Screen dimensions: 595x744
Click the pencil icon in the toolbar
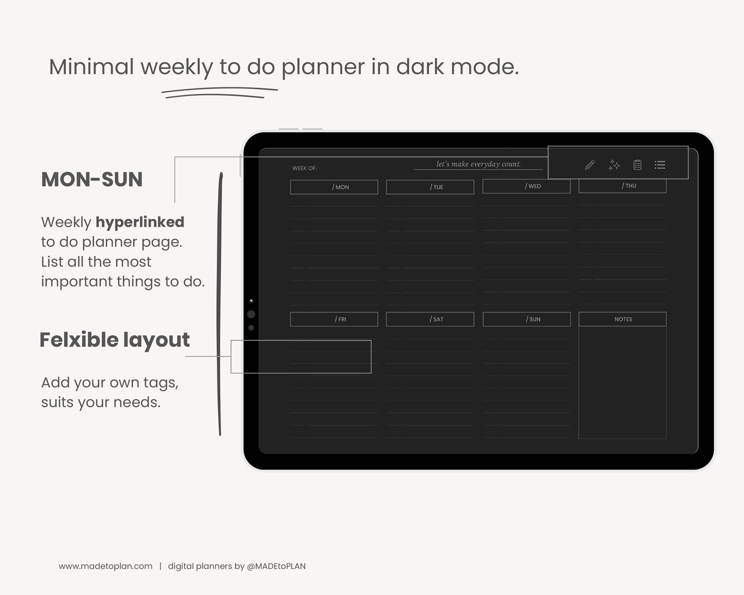pyautogui.click(x=590, y=165)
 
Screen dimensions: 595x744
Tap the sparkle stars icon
pyautogui.click(x=614, y=165)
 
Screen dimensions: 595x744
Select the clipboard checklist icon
pyautogui.click(x=637, y=165)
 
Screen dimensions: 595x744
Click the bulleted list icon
pyautogui.click(x=660, y=165)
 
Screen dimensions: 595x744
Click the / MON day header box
pyautogui.click(x=334, y=187)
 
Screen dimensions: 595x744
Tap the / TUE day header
pyautogui.click(x=430, y=187)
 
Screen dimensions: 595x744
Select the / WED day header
pyautogui.click(x=526, y=186)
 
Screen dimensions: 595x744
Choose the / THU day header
pyautogui.click(x=622, y=186)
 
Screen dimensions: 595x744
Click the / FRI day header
pyautogui.click(x=334, y=319)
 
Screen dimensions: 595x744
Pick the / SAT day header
pyautogui.click(x=430, y=319)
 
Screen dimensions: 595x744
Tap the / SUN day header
pyautogui.click(x=527, y=319)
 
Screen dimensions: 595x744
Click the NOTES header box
pyautogui.click(x=622, y=319)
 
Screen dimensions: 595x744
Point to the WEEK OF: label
pyautogui.click(x=305, y=168)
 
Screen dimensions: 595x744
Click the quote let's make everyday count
pyautogui.click(x=478, y=164)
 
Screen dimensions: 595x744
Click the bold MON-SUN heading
pyautogui.click(x=92, y=179)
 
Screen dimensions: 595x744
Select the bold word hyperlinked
pyautogui.click(x=140, y=222)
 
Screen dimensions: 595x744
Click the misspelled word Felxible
pyautogui.click(x=79, y=340)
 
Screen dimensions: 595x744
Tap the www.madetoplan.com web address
pyautogui.click(x=105, y=566)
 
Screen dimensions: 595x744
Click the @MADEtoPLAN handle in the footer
pyautogui.click(x=276, y=566)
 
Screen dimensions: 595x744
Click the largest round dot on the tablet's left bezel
pyautogui.click(x=251, y=314)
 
